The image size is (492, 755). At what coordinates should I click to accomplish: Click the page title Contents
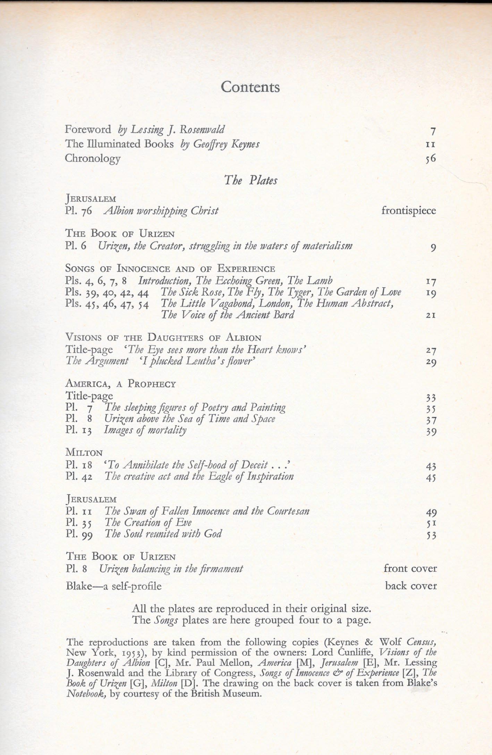250,87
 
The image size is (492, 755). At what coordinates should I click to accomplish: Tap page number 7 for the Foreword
432,132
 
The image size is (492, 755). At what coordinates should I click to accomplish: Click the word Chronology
93,158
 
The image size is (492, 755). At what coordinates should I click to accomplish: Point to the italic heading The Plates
251,180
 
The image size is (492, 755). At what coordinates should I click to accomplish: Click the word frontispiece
408,210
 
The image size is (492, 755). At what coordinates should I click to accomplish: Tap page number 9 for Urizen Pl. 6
433,248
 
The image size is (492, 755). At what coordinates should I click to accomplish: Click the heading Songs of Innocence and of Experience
170,269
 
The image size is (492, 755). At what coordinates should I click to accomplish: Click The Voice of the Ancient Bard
228,315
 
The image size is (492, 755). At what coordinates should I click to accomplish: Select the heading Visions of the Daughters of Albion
163,337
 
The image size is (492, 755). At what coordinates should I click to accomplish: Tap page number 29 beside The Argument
431,362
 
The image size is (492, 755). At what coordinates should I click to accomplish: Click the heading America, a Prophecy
120,384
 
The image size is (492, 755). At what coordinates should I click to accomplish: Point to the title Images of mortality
145,430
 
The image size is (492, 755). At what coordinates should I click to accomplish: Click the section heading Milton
84,453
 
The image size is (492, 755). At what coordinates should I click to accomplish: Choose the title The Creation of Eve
148,522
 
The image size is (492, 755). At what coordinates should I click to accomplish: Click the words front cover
410,568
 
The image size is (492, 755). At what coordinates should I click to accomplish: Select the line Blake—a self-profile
114,586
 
